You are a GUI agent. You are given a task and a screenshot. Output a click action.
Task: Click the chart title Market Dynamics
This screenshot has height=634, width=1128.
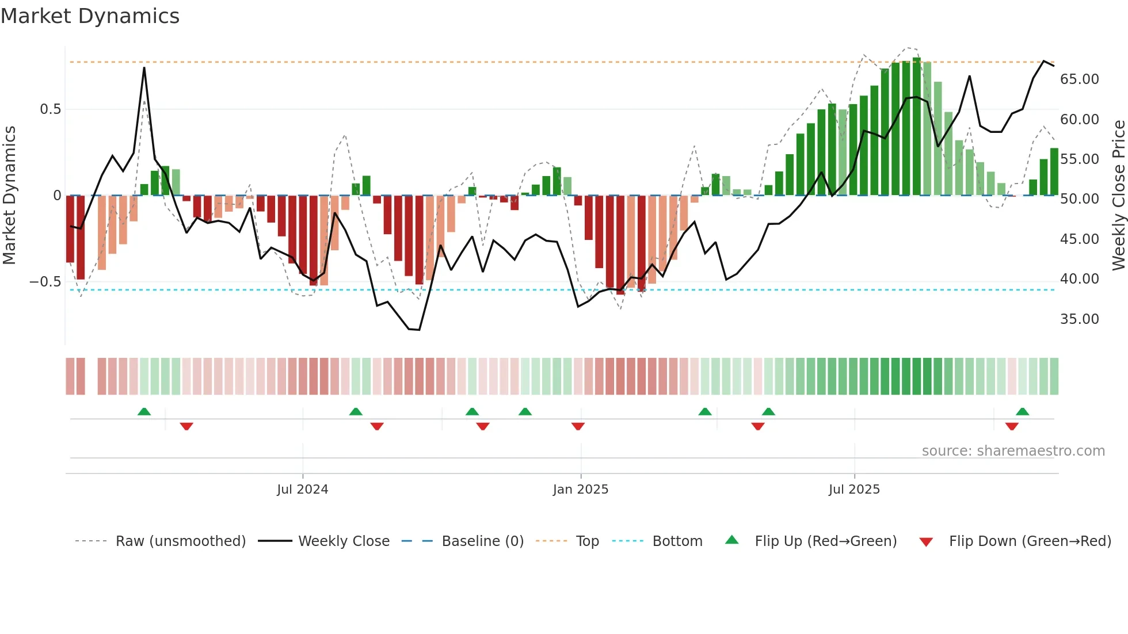(x=90, y=16)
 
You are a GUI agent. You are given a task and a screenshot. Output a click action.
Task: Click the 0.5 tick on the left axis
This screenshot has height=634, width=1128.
(x=51, y=109)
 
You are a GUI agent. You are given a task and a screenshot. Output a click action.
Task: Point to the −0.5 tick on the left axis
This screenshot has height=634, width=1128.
(x=45, y=282)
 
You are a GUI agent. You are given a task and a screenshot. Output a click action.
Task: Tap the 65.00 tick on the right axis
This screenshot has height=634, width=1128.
(x=1079, y=79)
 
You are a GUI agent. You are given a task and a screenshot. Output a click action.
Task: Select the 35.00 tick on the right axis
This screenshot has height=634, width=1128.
(x=1079, y=319)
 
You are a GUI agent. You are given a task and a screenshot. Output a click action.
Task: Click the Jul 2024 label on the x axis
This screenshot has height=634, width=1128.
(x=302, y=490)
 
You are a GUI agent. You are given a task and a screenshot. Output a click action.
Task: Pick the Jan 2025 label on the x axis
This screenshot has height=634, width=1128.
(x=580, y=490)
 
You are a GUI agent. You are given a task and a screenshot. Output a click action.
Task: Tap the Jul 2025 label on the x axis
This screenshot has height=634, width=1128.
(x=854, y=490)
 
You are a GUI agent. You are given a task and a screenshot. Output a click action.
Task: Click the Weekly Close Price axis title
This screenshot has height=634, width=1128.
(x=1118, y=196)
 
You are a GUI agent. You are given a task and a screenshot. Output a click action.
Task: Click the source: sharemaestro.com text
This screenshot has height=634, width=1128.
(x=1013, y=451)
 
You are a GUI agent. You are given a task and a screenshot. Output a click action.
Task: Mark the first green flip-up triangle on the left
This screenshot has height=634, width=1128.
(x=144, y=411)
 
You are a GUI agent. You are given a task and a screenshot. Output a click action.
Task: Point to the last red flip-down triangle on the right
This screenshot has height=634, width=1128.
(x=1012, y=426)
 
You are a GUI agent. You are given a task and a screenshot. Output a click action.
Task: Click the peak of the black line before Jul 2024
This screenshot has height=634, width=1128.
(x=144, y=68)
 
